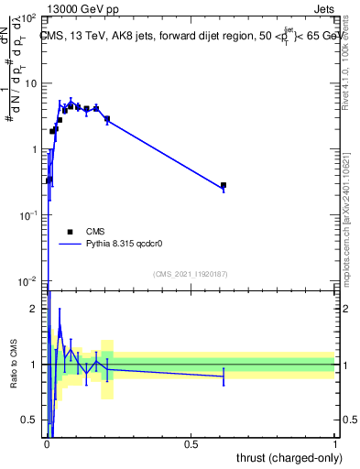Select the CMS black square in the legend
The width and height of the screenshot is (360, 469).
[x=70, y=232]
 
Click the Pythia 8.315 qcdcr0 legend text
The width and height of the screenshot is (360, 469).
[x=132, y=245]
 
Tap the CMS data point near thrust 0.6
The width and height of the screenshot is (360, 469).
[x=224, y=185]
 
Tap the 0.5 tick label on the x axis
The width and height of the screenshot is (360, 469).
[x=191, y=443]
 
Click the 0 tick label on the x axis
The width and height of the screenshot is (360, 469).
[x=48, y=443]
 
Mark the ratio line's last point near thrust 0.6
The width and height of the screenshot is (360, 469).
[x=224, y=376]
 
